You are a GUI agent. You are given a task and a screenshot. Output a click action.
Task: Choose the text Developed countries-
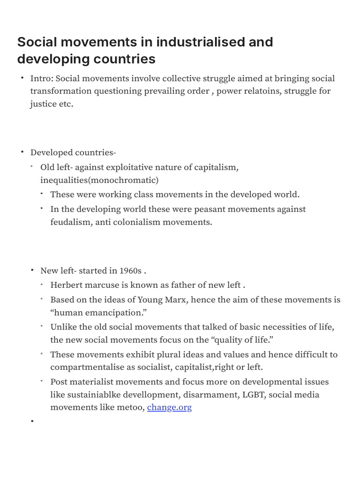(x=73, y=152)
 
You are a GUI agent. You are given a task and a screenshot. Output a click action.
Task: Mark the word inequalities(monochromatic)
(x=99, y=180)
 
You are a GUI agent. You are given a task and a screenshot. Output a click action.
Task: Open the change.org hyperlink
(x=169, y=407)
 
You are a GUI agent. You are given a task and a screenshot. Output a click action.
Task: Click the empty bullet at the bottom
(x=33, y=422)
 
